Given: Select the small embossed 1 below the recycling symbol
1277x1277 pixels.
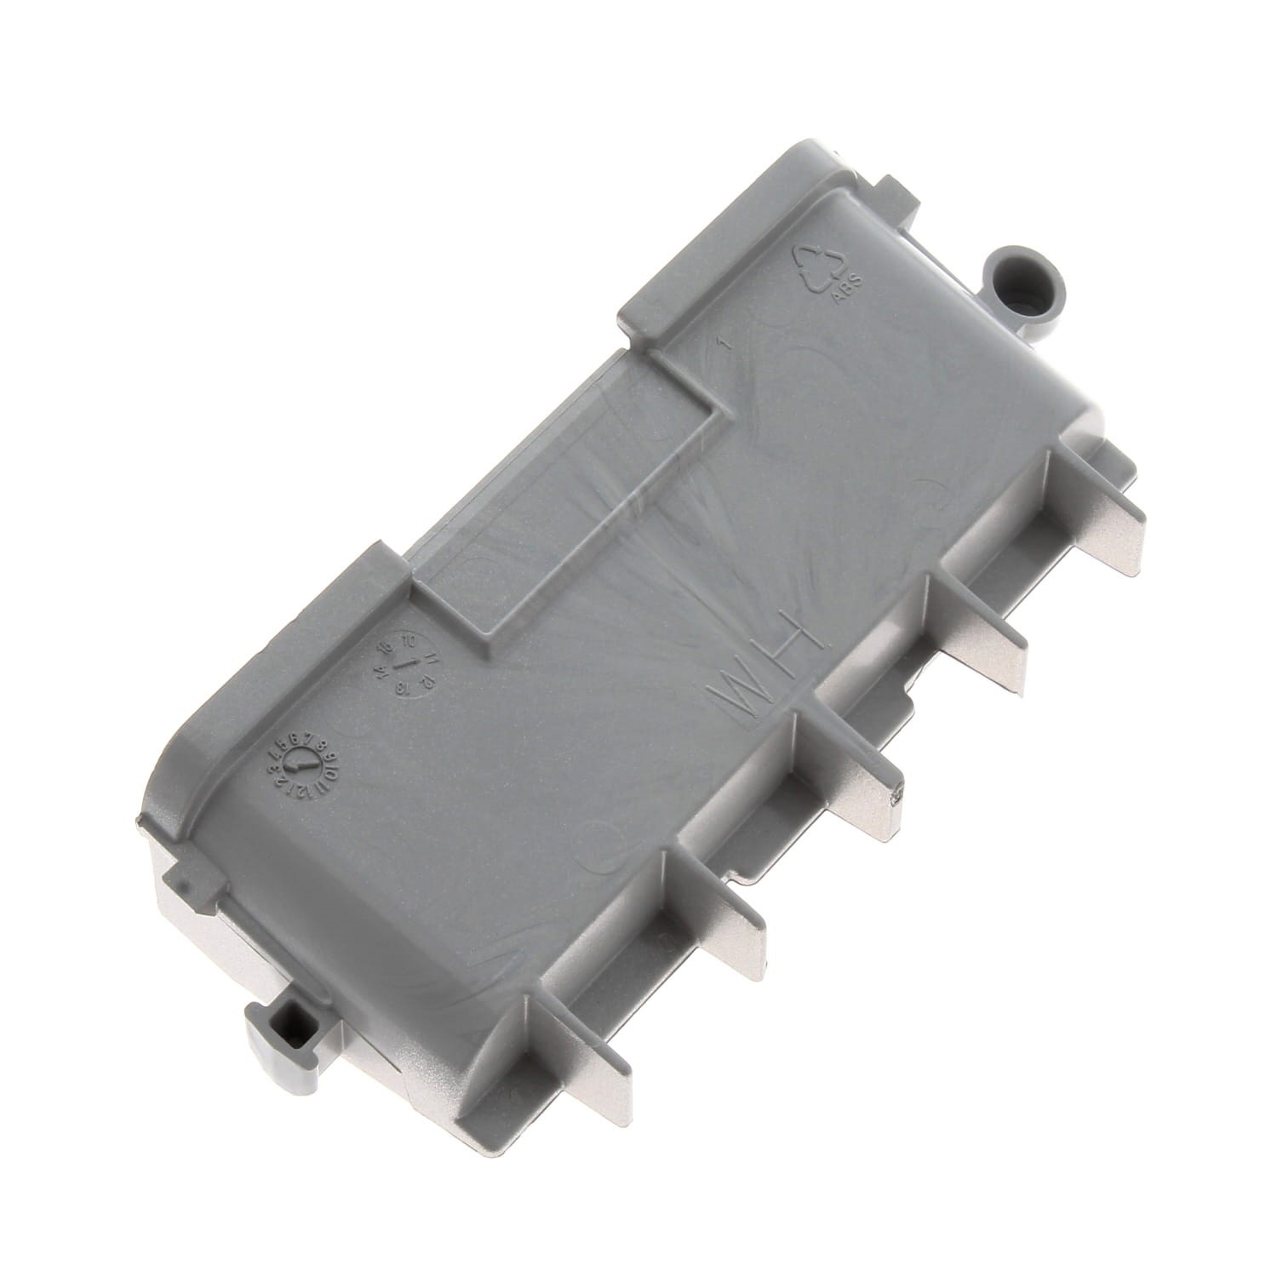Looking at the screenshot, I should click(x=722, y=346).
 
